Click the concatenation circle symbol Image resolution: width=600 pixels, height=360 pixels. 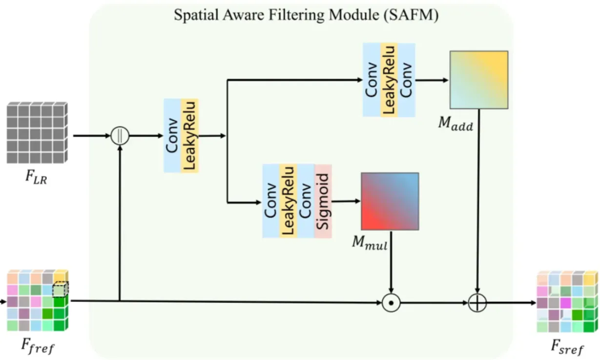click(120, 136)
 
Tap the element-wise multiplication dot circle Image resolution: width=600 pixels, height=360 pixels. click(391, 303)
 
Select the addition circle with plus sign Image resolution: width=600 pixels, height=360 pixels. click(476, 303)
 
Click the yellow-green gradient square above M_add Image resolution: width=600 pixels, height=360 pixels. click(478, 79)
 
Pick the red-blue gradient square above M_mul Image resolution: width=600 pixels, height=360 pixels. click(390, 201)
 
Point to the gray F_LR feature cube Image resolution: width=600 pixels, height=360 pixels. click(37, 132)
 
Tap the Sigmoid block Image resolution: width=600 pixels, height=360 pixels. click(323, 201)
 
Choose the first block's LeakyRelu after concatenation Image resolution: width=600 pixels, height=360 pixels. click(190, 135)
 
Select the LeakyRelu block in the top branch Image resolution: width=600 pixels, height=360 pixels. click(389, 80)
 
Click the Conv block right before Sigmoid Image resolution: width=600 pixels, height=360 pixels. click(306, 201)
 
